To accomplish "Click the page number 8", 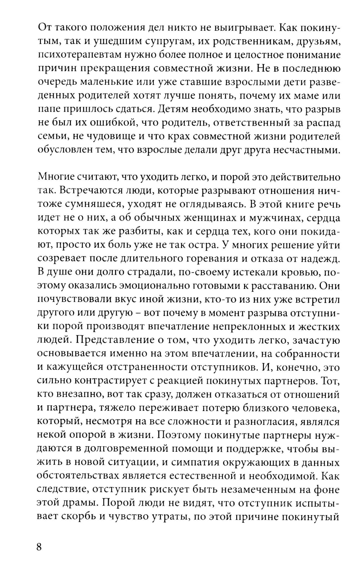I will tap(40, 546).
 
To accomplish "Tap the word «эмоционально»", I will tap(161, 286).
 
